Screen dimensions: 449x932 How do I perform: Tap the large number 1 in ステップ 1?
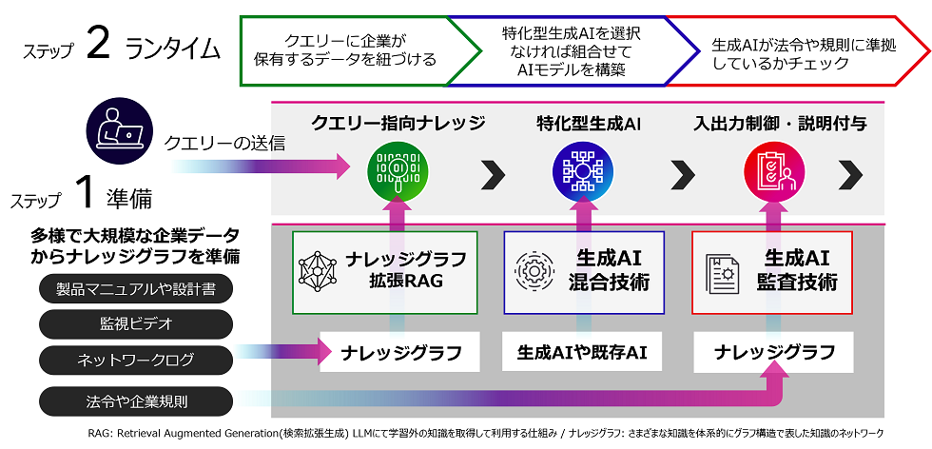(x=84, y=194)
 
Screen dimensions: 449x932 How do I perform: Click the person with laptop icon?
(x=117, y=129)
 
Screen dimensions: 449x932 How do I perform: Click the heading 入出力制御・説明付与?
(x=780, y=123)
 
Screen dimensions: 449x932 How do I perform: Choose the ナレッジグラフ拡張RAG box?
(x=384, y=272)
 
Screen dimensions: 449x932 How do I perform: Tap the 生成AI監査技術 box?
(x=771, y=272)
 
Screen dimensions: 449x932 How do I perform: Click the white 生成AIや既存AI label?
(x=582, y=352)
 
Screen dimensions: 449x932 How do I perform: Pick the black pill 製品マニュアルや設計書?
(x=136, y=288)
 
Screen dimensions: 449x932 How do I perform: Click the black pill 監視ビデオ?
(x=136, y=323)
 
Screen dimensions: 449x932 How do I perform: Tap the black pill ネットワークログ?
(x=136, y=360)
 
